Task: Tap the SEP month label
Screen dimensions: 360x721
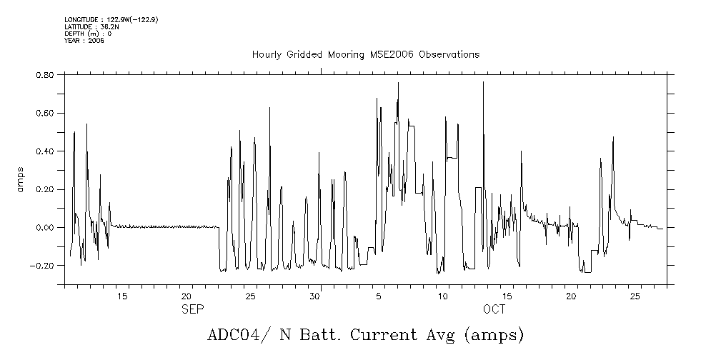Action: pos(192,309)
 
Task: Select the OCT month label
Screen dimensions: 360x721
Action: pos(493,309)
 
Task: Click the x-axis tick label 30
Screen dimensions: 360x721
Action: pos(314,296)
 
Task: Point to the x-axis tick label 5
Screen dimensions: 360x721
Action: pos(379,296)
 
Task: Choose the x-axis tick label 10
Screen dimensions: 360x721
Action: pos(443,296)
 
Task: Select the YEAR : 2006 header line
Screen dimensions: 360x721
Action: pos(84,41)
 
